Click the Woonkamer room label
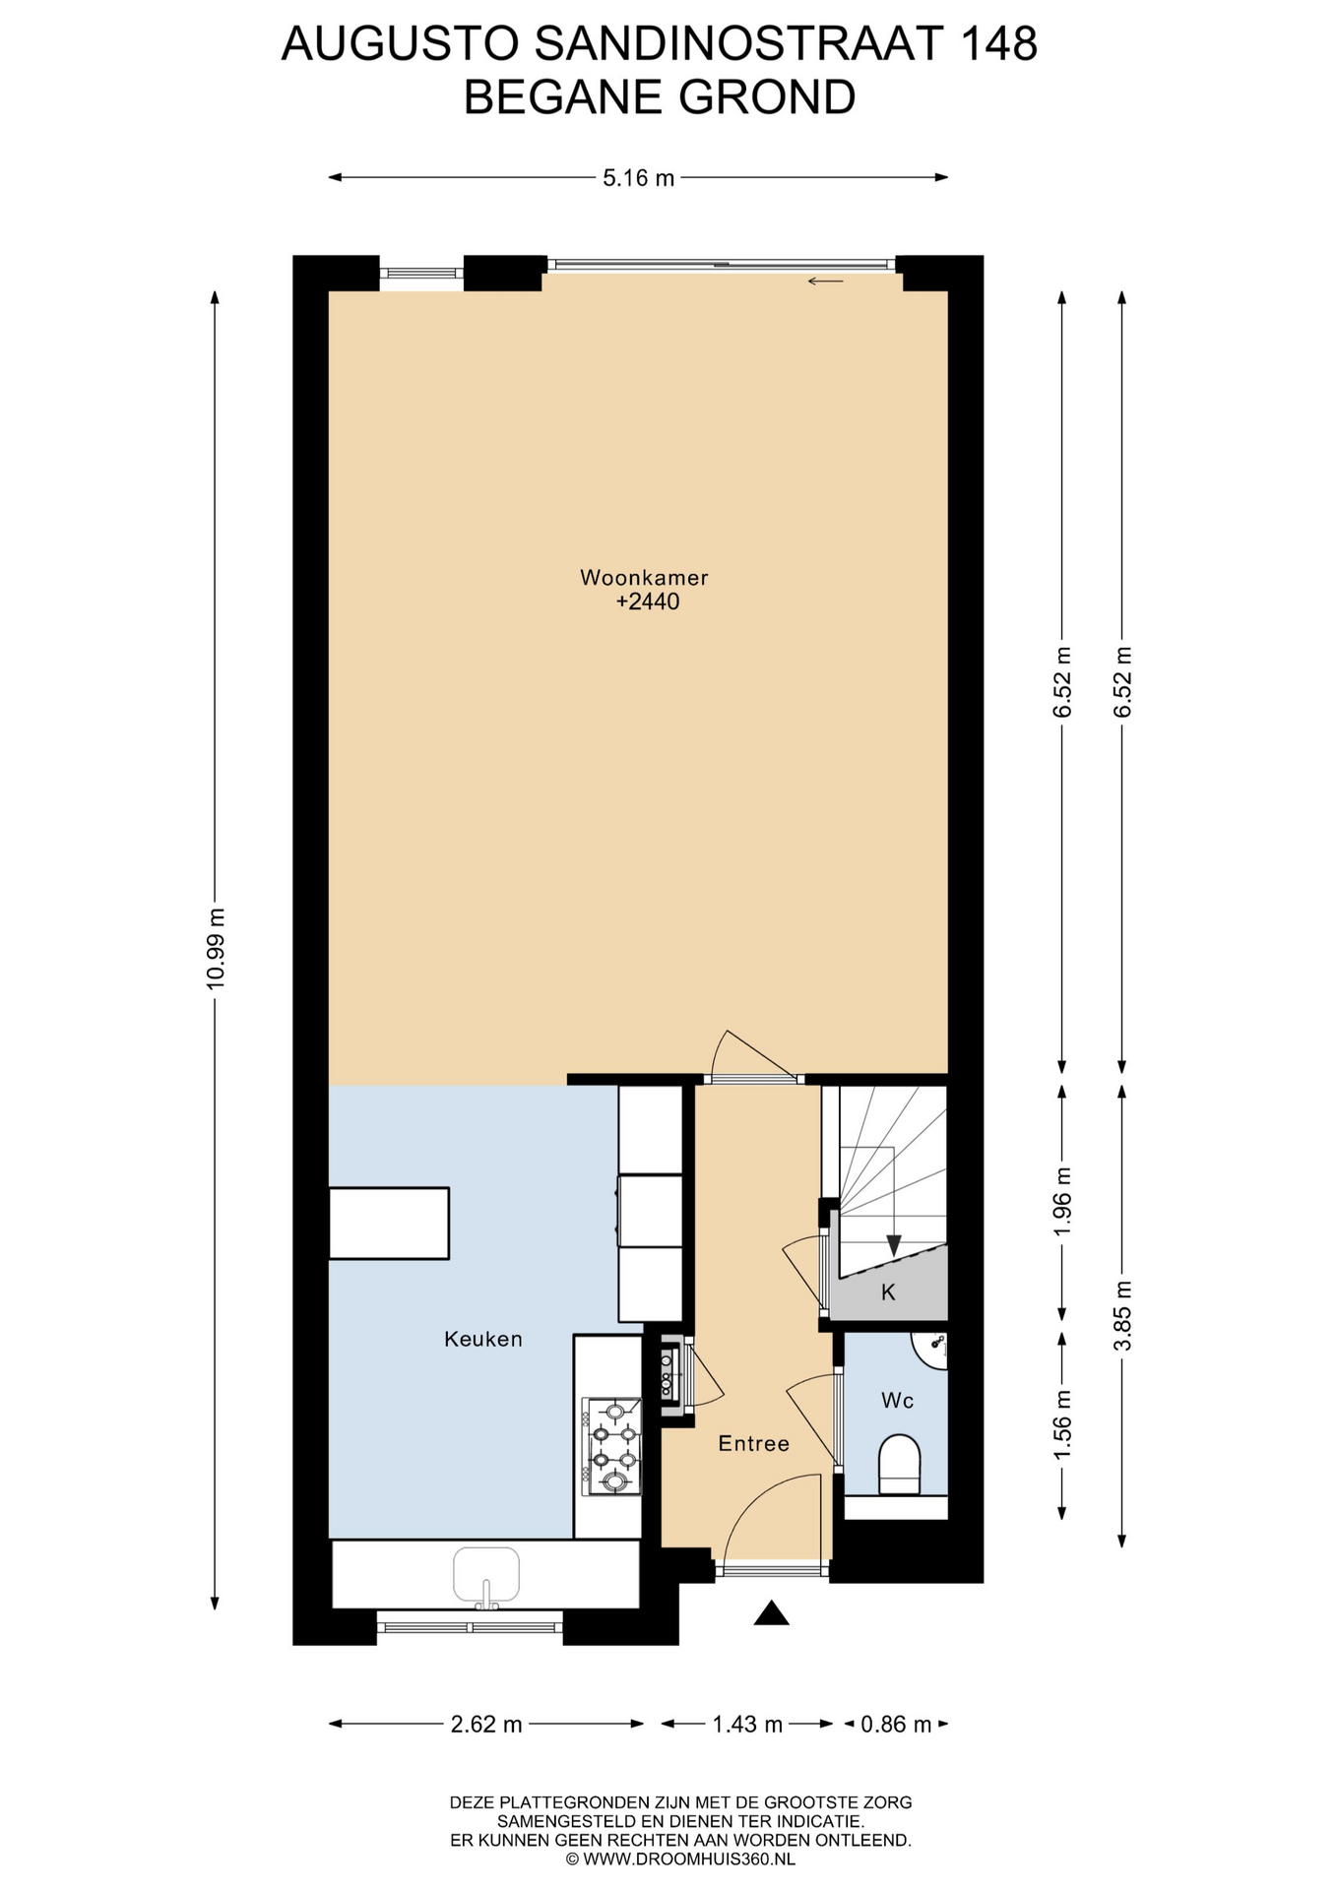tap(644, 578)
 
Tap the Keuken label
tap(482, 1339)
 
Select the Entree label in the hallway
tap(753, 1443)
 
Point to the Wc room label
tap(897, 1400)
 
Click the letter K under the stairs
tap(888, 1292)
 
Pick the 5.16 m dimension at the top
tap(639, 178)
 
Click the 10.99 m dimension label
tap(217, 948)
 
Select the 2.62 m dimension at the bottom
tap(486, 1724)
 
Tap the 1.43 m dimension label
tap(747, 1724)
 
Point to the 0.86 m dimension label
tap(896, 1724)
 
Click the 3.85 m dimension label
tap(1123, 1316)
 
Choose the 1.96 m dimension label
tap(1062, 1202)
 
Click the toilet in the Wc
tap(898, 1464)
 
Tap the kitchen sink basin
tap(486, 1573)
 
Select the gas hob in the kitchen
tap(612, 1446)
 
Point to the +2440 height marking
tap(648, 601)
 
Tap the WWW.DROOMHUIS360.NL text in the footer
tap(688, 1859)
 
